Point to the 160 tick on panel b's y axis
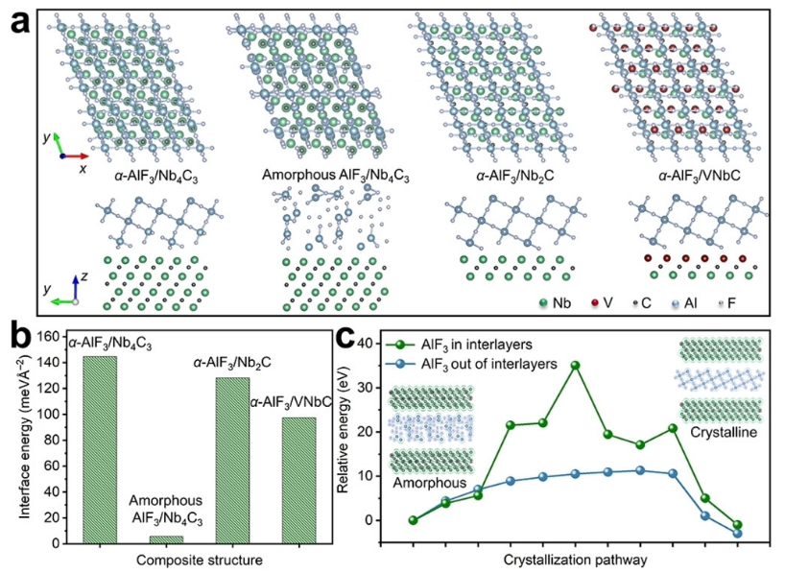click(x=54, y=337)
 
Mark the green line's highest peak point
click(x=575, y=365)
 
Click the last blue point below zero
click(x=737, y=534)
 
